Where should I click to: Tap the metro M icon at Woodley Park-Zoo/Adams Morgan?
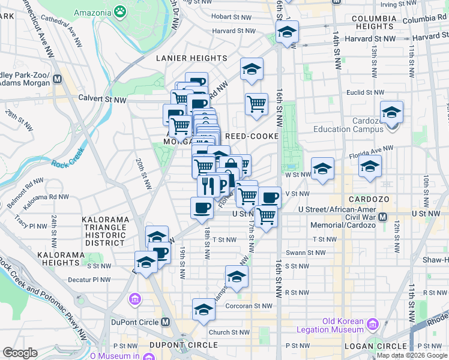coord(58,79)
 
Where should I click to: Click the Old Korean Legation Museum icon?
coord(372,325)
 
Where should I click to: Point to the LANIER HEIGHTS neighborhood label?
coord(191,58)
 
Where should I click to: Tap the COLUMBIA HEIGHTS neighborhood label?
coord(382,22)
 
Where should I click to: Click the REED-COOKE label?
coord(252,136)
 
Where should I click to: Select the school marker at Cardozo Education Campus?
coord(391,113)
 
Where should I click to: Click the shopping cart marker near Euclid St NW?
coord(256,104)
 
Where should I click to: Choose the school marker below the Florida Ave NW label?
coord(370,167)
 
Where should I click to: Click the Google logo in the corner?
coord(20,353)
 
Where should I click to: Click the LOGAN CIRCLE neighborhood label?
coord(375,346)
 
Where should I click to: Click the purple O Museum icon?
coord(134,298)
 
